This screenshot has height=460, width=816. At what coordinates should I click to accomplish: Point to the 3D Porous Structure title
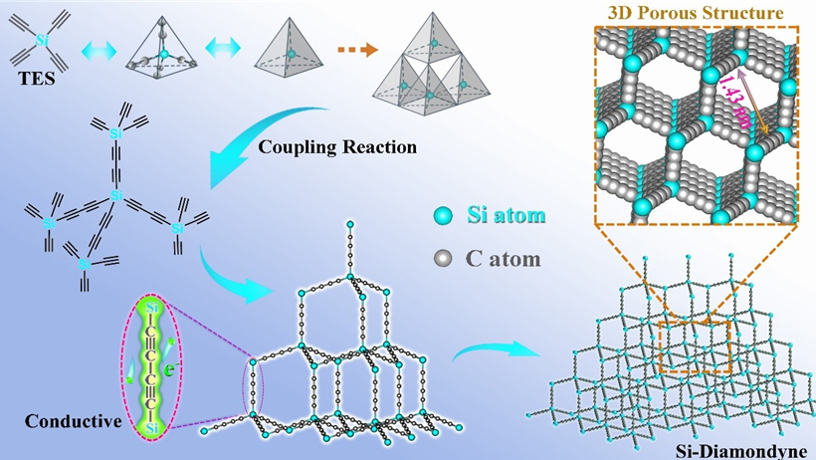pos(695,13)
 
